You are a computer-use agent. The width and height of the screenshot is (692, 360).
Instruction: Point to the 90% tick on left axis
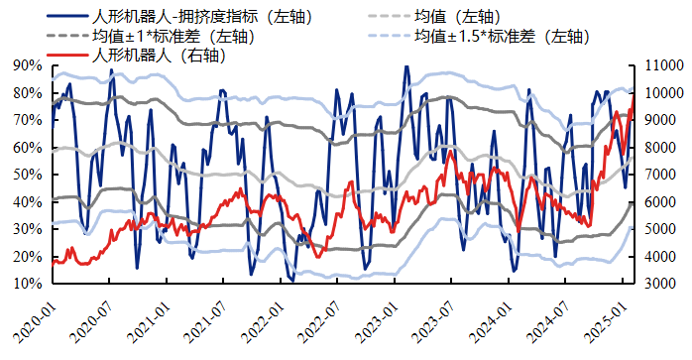[28, 65]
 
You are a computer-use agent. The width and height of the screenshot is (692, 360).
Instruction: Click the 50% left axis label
[28, 175]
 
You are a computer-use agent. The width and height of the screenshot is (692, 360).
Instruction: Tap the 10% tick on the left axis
[28, 284]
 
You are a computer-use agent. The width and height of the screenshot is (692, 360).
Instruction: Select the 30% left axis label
[28, 229]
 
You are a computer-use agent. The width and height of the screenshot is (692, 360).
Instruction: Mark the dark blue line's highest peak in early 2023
[405, 66]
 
